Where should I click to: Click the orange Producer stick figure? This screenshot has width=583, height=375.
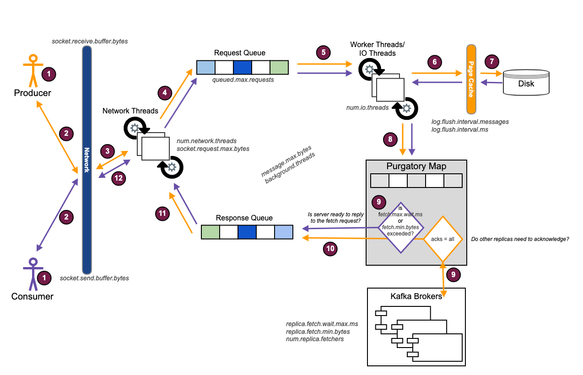click(32, 71)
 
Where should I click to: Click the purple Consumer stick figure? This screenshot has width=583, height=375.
click(32, 274)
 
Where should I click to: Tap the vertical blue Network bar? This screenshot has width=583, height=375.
click(87, 160)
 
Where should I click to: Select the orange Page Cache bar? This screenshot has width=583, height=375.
click(471, 80)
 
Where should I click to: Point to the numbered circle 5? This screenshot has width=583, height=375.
click(324, 52)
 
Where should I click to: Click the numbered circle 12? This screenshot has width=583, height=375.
click(119, 178)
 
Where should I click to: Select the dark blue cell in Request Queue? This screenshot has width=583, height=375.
click(242, 67)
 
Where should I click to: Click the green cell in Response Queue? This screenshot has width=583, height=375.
click(211, 232)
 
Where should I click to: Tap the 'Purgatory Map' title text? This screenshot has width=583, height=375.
click(416, 166)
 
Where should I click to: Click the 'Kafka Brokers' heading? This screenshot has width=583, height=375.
click(416, 296)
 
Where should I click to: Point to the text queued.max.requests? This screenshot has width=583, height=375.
click(243, 80)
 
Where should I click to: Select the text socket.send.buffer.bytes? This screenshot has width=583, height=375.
click(94, 278)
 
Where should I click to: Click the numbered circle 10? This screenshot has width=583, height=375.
click(331, 249)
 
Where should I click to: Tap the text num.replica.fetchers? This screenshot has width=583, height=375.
click(315, 339)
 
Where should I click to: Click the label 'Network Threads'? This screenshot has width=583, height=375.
click(130, 111)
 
